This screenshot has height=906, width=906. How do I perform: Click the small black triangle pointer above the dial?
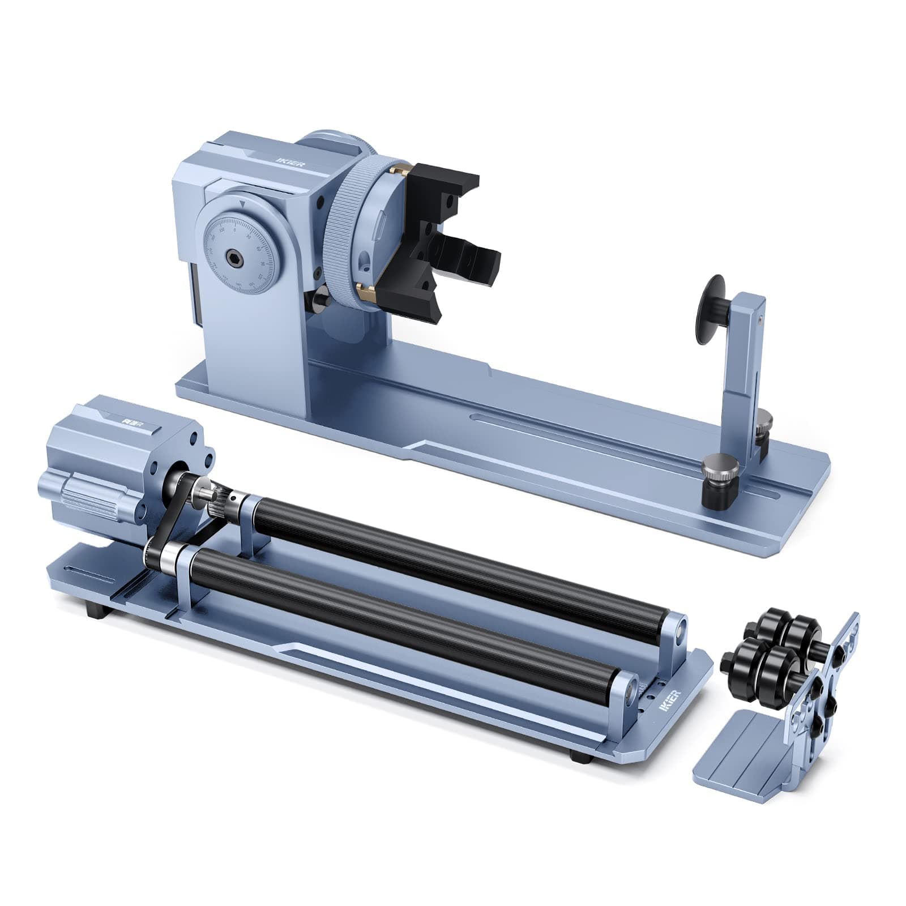(x=242, y=202)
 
